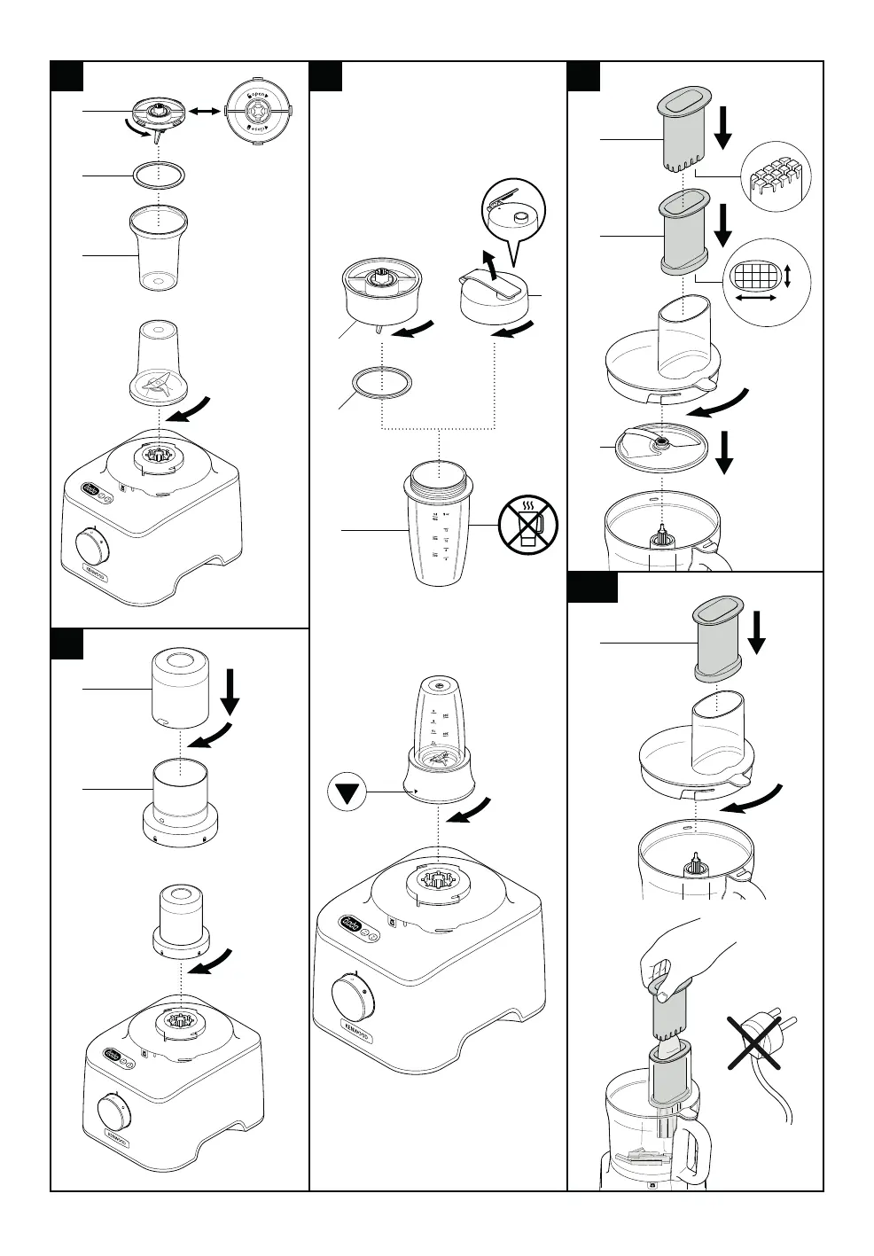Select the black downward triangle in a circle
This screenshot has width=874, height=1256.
[x=350, y=790]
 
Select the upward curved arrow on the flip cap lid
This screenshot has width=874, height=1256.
[x=486, y=262]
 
